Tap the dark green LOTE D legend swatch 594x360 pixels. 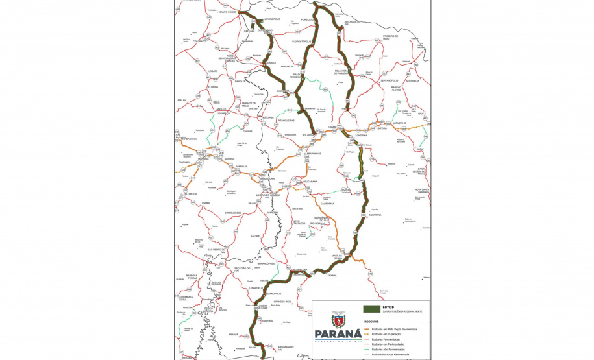pyautogui.click(x=372, y=307)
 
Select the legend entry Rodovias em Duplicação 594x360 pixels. pyautogui.click(x=397, y=334)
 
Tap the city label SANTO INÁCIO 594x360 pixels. pyautogui.click(x=228, y=12)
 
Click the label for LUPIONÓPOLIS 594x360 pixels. pyautogui.click(x=271, y=19)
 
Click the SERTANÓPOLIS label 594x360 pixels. pyautogui.click(x=393, y=80)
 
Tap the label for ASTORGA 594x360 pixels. pyautogui.click(x=267, y=118)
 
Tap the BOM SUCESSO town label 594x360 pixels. pyautogui.click(x=232, y=213)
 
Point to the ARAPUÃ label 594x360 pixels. pyautogui.click(x=233, y=334)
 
